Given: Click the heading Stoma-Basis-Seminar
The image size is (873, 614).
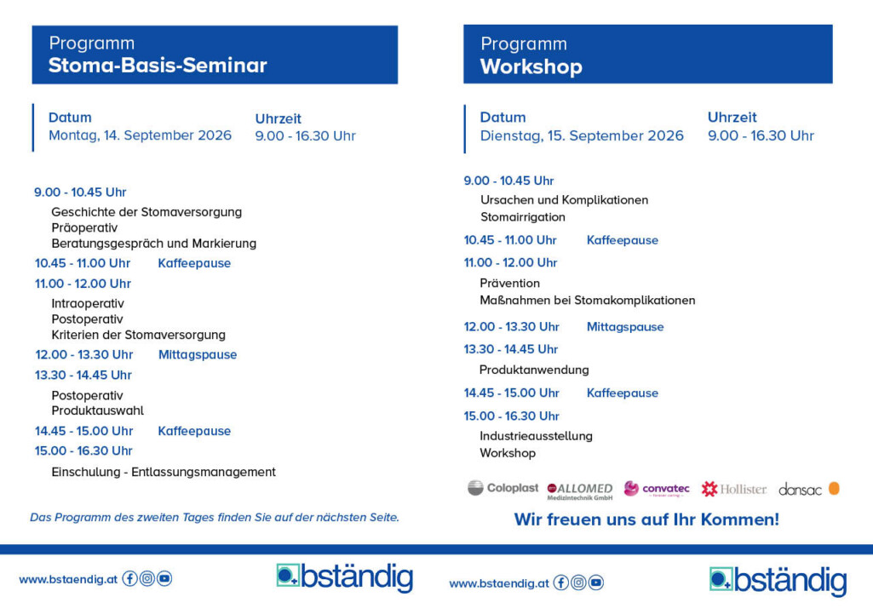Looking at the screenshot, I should pos(158,66).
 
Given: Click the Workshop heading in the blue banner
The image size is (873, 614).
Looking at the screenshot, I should pos(531,67).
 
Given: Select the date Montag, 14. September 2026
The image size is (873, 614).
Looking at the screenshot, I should pos(140,135).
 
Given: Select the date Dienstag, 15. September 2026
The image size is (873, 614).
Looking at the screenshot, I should pos(582,135).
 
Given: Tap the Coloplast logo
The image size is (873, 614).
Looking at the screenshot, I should pos(503,488).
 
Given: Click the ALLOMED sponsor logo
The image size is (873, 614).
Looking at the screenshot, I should pos(580,491).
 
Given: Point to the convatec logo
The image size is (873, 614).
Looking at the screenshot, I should pos(657,489).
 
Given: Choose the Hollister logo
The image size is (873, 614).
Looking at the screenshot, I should pos(733,489).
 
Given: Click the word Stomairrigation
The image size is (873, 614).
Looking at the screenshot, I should pos(522,217).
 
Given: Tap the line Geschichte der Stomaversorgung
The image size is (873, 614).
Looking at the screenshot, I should pos(146,212).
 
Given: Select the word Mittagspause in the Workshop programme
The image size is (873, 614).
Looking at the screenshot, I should pos(624,327).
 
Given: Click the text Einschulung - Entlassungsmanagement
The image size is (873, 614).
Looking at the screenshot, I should pos(164,472).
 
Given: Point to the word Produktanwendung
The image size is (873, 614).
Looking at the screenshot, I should pos(534,370).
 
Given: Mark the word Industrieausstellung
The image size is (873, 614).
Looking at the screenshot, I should pos(536,436).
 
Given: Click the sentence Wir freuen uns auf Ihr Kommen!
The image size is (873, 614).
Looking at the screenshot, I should pos(646,519).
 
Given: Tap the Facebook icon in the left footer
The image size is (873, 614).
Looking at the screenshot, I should pos(130,578).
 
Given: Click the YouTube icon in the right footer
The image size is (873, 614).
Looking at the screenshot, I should pos(596,582).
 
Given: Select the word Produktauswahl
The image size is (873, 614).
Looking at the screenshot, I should pos(97,410).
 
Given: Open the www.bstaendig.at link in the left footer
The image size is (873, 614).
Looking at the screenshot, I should pos(68,579).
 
